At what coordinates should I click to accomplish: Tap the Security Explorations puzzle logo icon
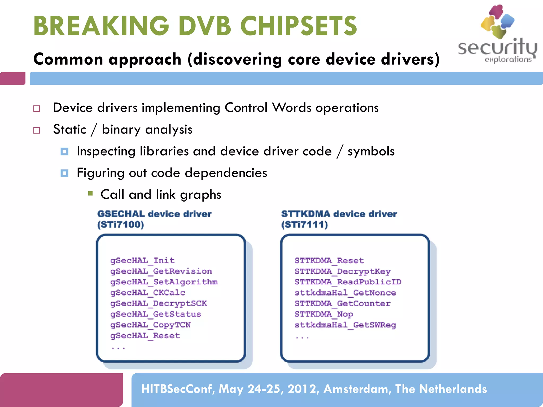(x=497, y=21)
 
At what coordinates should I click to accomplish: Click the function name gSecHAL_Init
(x=142, y=260)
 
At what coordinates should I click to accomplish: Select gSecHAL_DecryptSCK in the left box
(x=159, y=303)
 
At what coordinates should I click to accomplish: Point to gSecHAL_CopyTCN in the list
(x=150, y=325)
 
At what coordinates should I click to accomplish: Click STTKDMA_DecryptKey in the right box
(x=342, y=271)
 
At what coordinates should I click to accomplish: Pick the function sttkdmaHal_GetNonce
(x=345, y=293)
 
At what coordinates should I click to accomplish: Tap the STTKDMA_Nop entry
(x=323, y=314)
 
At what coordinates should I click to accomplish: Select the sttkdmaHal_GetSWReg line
(x=345, y=325)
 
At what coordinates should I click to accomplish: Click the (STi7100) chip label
(x=121, y=225)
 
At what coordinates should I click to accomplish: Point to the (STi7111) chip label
(x=304, y=225)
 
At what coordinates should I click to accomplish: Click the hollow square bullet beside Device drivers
(x=37, y=109)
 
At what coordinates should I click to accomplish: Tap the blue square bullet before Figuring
(x=64, y=173)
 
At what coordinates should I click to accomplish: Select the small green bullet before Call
(x=90, y=193)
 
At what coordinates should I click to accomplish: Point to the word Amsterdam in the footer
(x=357, y=389)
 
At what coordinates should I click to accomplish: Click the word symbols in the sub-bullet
(x=371, y=151)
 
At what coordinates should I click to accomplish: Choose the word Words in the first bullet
(x=292, y=108)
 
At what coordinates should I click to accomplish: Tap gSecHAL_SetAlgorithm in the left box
(x=164, y=282)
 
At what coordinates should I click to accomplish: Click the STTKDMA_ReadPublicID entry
(x=348, y=282)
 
